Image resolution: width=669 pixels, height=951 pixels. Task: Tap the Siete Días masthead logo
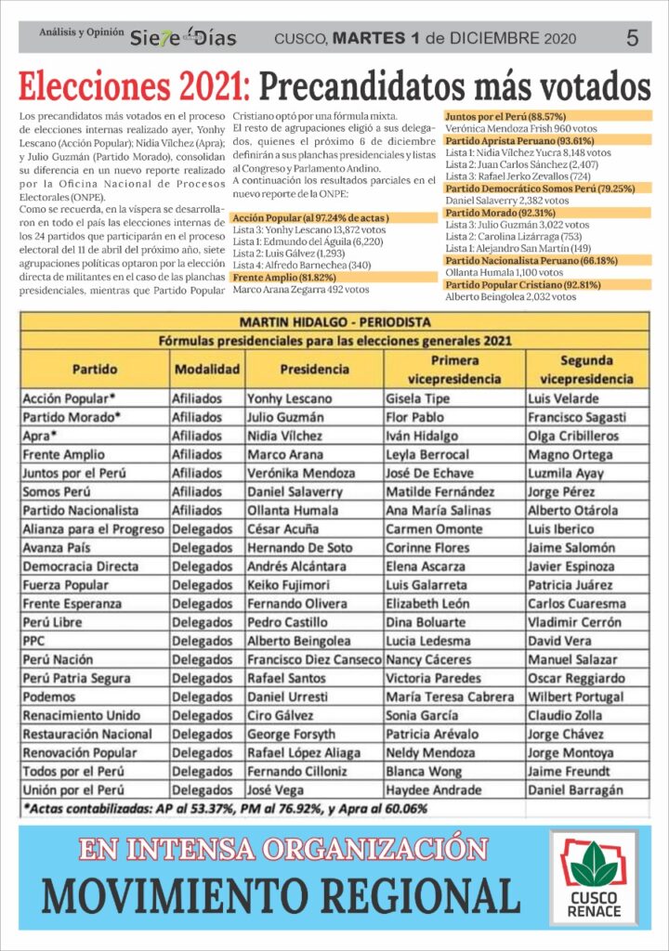click(x=182, y=38)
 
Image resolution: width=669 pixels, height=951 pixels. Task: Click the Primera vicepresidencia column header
click(x=455, y=369)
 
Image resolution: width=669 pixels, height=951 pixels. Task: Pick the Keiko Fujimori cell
click(x=289, y=585)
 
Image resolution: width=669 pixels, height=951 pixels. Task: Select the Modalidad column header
click(x=206, y=369)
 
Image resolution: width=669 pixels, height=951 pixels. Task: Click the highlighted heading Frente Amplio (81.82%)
click(x=278, y=277)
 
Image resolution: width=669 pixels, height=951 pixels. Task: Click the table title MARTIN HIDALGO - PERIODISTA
click(x=334, y=321)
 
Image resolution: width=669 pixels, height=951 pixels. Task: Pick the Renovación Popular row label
click(x=81, y=752)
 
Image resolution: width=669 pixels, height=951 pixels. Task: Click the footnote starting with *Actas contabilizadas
click(x=225, y=809)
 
